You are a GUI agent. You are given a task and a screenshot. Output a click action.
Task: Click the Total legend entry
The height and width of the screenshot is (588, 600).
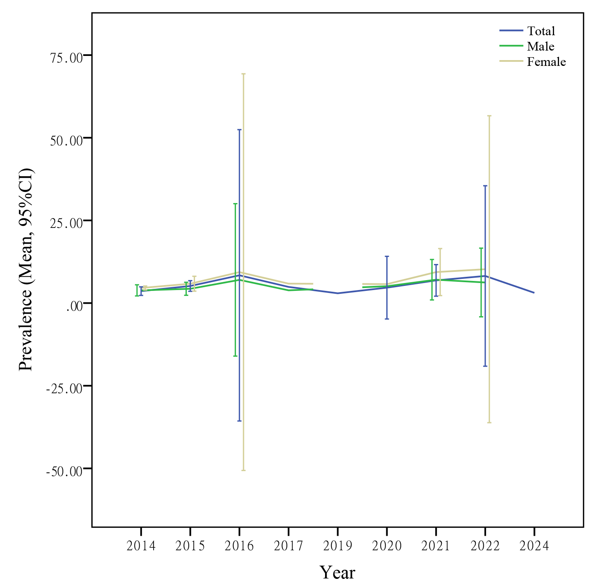click(541, 31)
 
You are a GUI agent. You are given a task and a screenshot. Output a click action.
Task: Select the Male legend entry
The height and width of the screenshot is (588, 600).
click(540, 46)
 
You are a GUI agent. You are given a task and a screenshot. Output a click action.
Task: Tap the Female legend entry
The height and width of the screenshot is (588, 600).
click(546, 62)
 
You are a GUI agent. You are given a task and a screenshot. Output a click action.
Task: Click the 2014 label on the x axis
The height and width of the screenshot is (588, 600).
click(141, 546)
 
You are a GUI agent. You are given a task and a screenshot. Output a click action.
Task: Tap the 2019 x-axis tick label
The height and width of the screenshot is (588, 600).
click(337, 546)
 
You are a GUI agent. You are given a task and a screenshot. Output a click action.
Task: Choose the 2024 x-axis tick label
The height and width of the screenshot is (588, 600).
click(534, 546)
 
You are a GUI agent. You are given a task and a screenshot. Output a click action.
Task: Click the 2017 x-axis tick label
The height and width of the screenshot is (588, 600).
click(289, 546)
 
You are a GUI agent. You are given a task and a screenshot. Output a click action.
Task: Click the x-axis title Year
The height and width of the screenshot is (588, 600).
click(337, 572)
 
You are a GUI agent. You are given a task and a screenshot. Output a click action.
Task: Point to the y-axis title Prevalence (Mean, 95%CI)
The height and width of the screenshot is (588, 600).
click(26, 270)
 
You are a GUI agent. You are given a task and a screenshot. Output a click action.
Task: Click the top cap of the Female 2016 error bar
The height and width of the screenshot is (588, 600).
click(243, 74)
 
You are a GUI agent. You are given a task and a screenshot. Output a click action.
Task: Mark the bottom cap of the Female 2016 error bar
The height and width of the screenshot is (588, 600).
click(243, 470)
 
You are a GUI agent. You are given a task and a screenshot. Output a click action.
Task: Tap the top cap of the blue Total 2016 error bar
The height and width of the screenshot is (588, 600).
click(239, 130)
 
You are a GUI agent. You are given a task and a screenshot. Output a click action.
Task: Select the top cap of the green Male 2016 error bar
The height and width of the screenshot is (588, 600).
click(235, 204)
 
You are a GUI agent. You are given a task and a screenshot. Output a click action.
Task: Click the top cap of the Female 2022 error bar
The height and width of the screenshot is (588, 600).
click(489, 116)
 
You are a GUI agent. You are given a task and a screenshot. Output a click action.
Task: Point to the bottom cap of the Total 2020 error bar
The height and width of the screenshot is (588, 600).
click(387, 319)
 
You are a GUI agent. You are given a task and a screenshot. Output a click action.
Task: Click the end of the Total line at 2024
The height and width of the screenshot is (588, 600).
click(534, 293)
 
